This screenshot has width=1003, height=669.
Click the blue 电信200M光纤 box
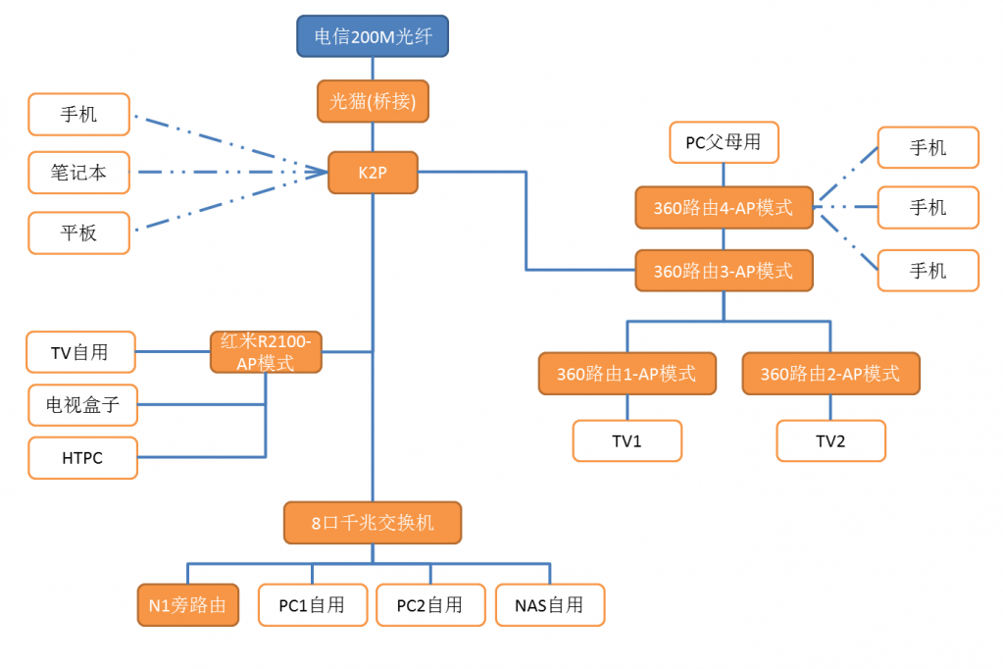[x=373, y=36]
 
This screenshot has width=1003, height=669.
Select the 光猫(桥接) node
[x=373, y=101]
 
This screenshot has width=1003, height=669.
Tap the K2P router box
[x=373, y=173]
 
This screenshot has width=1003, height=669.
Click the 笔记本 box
[x=79, y=173]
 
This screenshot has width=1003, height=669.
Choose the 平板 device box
[x=79, y=233]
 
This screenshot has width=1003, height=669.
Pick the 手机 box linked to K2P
[x=79, y=114]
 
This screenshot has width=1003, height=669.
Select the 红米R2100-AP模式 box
[x=266, y=352]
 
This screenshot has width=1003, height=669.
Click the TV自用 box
[x=80, y=352]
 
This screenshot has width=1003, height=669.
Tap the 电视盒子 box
[x=82, y=404]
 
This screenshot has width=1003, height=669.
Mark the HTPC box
[x=82, y=458]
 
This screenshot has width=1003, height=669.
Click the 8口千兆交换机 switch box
[x=373, y=523]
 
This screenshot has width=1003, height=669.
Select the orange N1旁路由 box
[x=187, y=605]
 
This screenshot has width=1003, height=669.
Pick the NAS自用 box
[x=549, y=605]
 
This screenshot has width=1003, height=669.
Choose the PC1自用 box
[x=312, y=605]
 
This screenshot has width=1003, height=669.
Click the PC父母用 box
[x=724, y=142]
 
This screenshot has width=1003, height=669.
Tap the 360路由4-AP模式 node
[x=724, y=208]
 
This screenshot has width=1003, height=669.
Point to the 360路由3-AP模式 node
[x=724, y=271]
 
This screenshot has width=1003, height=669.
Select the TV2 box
[x=830, y=441]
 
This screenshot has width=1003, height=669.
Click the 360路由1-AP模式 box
[x=627, y=374]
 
